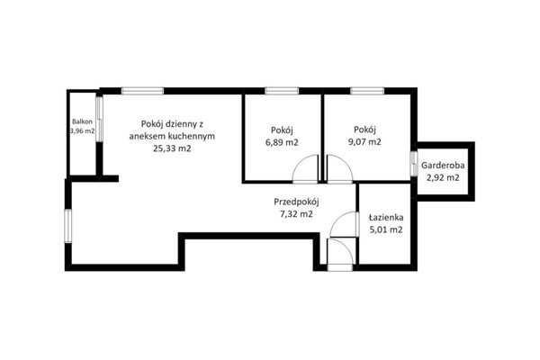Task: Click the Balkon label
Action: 82,121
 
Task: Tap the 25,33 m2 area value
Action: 172,148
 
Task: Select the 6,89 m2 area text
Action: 282,142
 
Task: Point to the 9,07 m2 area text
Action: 364,141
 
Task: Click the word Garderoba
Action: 443,166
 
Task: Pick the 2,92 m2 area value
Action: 443,178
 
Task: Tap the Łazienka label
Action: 386,218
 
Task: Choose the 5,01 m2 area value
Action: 386,229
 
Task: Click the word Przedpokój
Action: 297,202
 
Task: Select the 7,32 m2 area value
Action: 296,214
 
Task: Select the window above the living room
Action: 142,91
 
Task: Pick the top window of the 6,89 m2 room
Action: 282,91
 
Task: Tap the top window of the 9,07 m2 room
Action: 367,91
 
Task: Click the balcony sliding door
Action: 99,119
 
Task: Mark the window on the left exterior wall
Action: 68,226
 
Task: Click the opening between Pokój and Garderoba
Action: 414,164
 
